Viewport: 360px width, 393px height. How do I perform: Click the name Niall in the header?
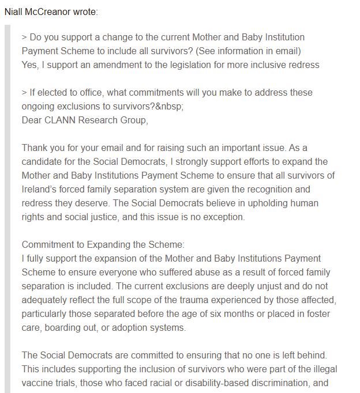pyautogui.click(x=16, y=12)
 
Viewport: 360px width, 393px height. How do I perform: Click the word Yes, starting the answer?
pyautogui.click(x=31, y=65)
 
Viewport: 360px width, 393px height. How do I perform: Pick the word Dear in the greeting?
pyautogui.click(x=32, y=120)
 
